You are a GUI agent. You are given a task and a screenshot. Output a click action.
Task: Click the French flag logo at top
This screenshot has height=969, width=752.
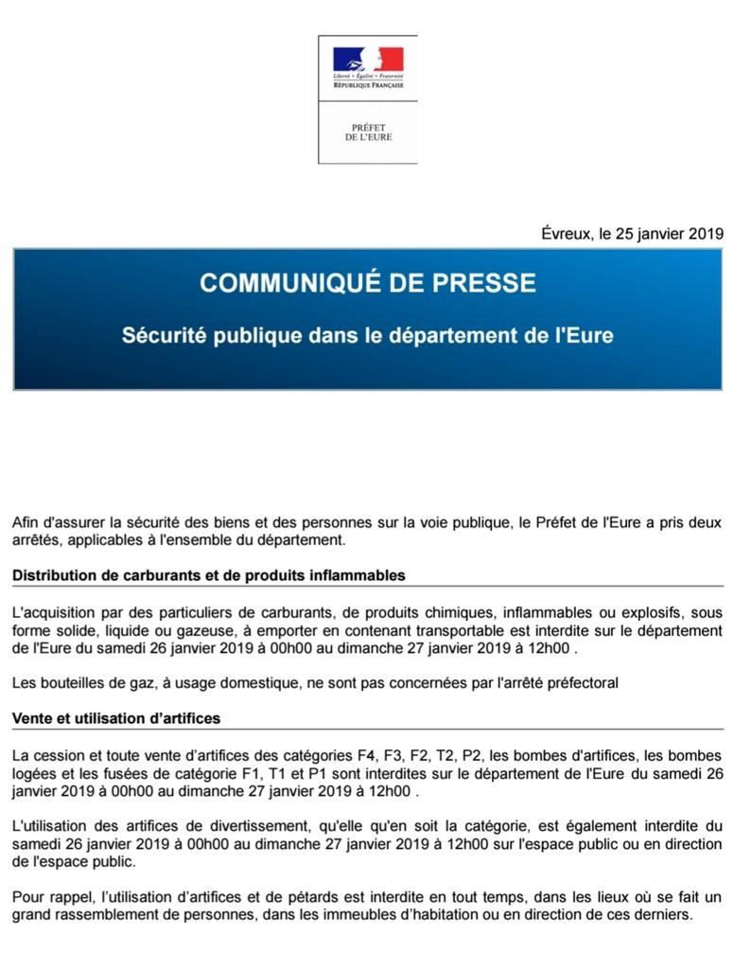point(368,59)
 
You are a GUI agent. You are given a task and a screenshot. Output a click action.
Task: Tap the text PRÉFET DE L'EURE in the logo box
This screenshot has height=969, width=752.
point(368,132)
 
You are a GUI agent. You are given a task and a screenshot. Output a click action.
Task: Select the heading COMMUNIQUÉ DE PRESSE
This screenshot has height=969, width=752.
point(367,282)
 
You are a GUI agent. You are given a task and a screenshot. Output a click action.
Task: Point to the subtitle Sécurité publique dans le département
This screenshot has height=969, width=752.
point(367,335)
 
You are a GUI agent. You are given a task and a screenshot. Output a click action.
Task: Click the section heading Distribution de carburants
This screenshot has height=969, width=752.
point(209,574)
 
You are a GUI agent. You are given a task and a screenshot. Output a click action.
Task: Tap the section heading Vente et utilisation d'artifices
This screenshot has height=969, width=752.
point(116,718)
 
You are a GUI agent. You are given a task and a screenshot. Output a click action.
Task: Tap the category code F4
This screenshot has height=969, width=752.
point(366,755)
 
